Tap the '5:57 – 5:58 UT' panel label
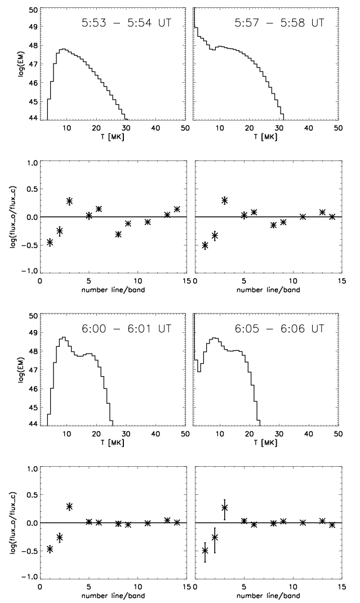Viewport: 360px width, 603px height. [x=280, y=24]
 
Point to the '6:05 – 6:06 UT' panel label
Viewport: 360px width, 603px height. [x=280, y=330]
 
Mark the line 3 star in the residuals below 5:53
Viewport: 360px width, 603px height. [x=69, y=201]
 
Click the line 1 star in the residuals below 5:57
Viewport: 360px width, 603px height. [x=205, y=245]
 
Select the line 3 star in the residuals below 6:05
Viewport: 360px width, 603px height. [x=224, y=507]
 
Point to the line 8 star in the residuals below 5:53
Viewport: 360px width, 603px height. [x=118, y=234]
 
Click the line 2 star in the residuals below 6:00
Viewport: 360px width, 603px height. [x=60, y=538]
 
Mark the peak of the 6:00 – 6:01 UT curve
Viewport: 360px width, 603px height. [x=64, y=337]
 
